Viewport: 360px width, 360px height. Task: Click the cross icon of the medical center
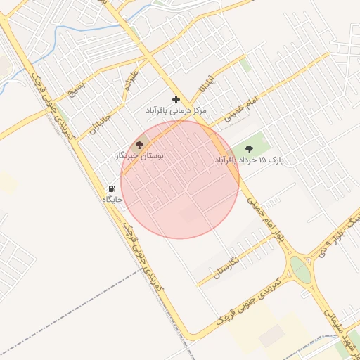(176, 99)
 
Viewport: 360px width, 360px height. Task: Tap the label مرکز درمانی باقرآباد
(176, 111)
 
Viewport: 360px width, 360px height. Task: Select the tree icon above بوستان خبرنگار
(139, 144)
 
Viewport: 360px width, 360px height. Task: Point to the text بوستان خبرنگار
(139, 155)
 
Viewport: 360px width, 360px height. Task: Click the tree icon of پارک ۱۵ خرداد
(249, 148)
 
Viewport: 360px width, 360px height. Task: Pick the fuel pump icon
(111, 189)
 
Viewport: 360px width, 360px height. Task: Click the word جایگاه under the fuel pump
(113, 200)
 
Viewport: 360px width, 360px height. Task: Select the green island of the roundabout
(300, 269)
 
